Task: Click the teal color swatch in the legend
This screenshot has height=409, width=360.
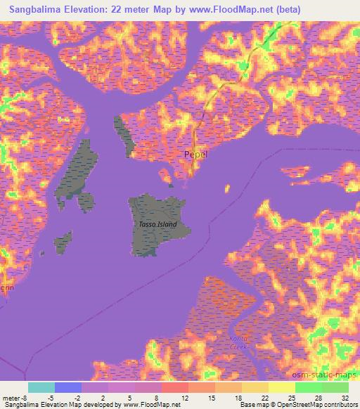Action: [x=41, y=387]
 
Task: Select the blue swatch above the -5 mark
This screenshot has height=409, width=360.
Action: [x=68, y=387]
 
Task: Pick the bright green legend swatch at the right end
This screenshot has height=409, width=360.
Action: [x=335, y=387]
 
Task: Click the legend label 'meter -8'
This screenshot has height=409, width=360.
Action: [x=15, y=397]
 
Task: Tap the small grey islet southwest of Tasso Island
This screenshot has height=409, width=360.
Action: [x=64, y=242]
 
